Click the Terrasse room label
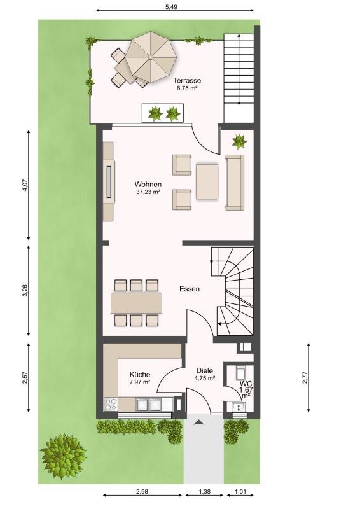click(x=187, y=80)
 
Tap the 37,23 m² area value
click(x=148, y=192)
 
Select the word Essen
click(x=190, y=289)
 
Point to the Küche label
click(x=140, y=375)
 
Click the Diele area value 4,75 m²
click(x=205, y=378)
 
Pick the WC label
click(x=246, y=384)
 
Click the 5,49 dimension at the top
click(x=171, y=7)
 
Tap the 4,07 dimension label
click(x=25, y=185)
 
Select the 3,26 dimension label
click(x=25, y=291)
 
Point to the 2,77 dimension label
click(x=305, y=377)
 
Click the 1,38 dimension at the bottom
click(x=205, y=491)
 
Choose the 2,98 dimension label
click(x=142, y=491)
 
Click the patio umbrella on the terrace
click(x=151, y=57)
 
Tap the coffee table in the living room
click(x=207, y=181)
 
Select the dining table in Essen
click(x=136, y=303)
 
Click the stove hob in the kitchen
click(x=111, y=404)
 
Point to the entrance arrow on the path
click(x=198, y=422)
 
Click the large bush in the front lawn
click(x=63, y=456)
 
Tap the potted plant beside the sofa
click(x=239, y=141)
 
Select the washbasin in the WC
click(x=239, y=407)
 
